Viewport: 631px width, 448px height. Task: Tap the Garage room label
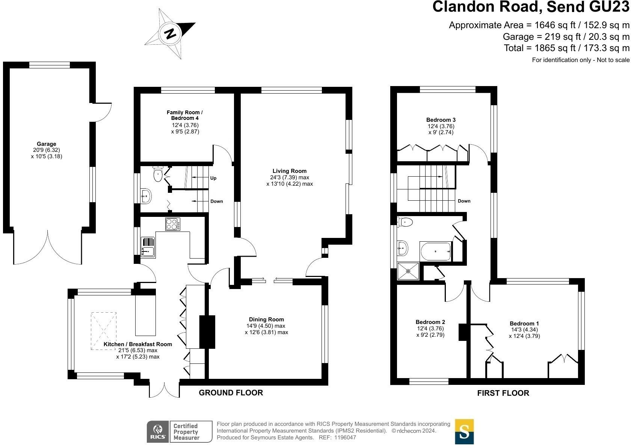pyautogui.click(x=47, y=144)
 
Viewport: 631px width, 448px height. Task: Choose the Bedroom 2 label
pyautogui.click(x=430, y=322)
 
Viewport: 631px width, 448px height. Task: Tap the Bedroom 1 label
pyautogui.click(x=524, y=324)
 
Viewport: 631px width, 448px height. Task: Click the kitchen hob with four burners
pyautogui.click(x=173, y=224)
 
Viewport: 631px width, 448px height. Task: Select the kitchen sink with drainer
pyautogui.click(x=148, y=247)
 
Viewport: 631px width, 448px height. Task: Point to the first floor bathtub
pyautogui.click(x=436, y=251)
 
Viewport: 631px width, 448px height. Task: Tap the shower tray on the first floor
pyautogui.click(x=408, y=271)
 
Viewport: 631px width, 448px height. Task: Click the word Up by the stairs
pyautogui.click(x=213, y=178)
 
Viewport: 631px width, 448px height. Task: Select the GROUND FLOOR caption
pyautogui.click(x=231, y=393)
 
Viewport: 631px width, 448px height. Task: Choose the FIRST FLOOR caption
pyautogui.click(x=503, y=393)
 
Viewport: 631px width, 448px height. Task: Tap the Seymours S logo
pyautogui.click(x=464, y=431)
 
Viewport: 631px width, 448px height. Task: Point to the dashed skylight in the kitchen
pyautogui.click(x=104, y=331)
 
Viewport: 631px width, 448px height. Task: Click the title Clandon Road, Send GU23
pyautogui.click(x=531, y=8)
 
